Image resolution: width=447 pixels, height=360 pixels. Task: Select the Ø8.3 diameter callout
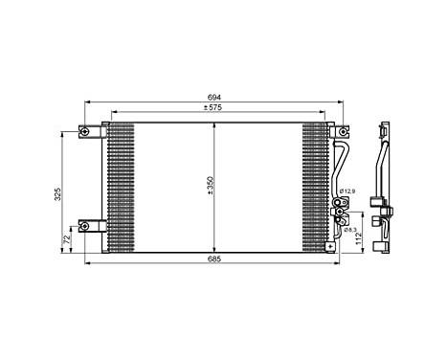click(349, 230)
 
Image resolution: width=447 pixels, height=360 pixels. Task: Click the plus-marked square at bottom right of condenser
click(330, 246)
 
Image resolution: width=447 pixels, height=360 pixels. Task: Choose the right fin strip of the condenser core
click(315, 187)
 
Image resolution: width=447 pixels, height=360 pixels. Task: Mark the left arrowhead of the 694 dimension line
click(86, 102)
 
